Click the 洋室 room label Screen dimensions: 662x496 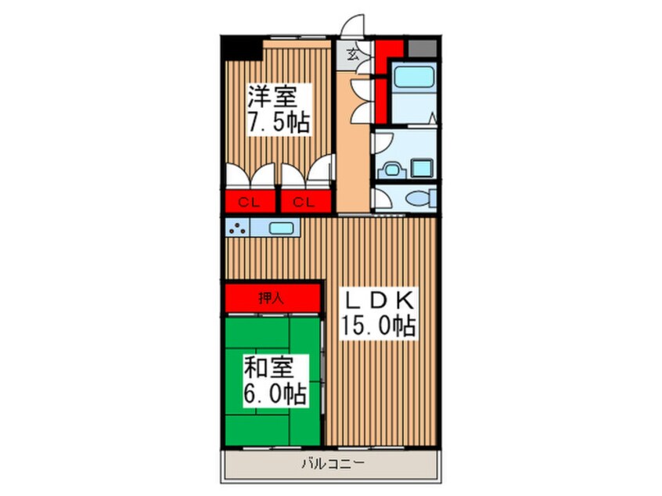tap(272, 97)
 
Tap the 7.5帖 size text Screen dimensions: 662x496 tap(279, 123)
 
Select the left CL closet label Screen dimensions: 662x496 tap(249, 203)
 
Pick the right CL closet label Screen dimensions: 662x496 tap(304, 203)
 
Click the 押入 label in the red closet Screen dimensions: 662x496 tap(271, 298)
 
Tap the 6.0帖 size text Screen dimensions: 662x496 tap(275, 394)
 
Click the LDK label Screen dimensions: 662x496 tap(379, 300)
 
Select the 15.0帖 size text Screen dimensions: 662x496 tap(379, 325)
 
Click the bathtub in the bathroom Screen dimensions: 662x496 tap(414, 77)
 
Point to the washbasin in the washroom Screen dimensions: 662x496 tap(393, 170)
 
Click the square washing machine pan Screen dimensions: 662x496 tap(422, 168)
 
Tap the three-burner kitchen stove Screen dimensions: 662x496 tap(237, 228)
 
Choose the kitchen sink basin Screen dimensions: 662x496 tap(281, 228)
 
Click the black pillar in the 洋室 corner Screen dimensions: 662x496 tap(241, 49)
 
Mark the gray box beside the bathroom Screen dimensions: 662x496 tap(423, 49)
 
